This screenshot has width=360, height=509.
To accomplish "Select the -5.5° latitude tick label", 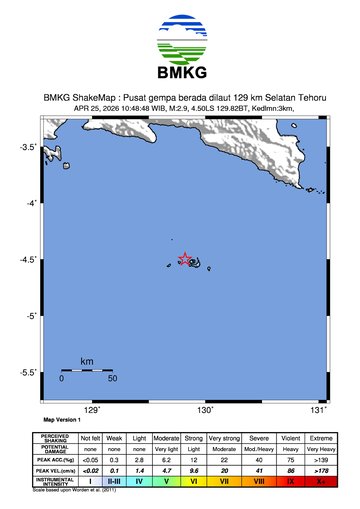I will (x=30, y=372).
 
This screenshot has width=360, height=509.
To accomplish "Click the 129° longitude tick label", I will (x=92, y=410).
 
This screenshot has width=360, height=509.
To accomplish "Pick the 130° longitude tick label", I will (x=206, y=410).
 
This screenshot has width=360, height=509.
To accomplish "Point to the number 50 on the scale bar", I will (x=113, y=379).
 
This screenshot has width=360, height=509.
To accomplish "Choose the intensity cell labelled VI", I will (x=194, y=481).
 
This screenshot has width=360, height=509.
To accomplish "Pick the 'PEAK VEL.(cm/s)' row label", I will (x=54, y=469).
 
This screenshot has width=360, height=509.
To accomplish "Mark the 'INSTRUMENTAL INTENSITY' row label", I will (x=54, y=481).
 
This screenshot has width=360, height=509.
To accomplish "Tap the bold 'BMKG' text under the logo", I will (x=180, y=72).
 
